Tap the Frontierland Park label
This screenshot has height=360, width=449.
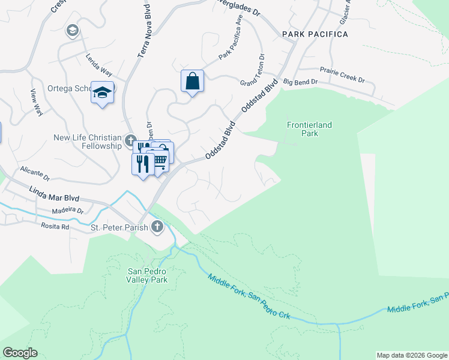309,129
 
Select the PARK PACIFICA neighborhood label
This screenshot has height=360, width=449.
315,34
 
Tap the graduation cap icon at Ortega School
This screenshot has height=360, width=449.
103,92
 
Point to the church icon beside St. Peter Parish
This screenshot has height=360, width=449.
157,226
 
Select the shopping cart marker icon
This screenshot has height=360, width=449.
160,161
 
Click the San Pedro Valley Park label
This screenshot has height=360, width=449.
147,275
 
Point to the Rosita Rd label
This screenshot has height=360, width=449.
55,227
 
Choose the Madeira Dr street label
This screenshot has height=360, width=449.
67,209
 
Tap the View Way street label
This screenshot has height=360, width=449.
37,102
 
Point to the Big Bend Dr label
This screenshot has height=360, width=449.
299,81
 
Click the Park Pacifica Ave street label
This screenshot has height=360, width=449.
231,44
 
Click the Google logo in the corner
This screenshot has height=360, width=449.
20,353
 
